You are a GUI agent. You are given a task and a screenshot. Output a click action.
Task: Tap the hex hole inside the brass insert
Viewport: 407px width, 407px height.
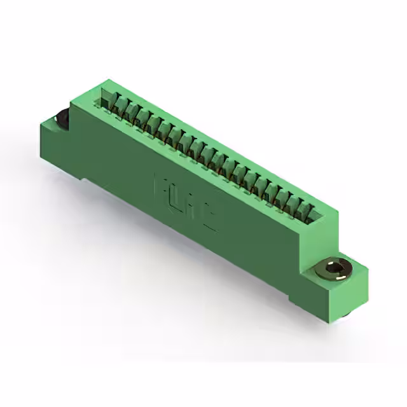click(333, 272)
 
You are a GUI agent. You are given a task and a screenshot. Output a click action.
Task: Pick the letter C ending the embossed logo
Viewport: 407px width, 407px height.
click(210, 217)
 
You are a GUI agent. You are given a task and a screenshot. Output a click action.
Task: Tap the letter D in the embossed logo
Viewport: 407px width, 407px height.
click(177, 198)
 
